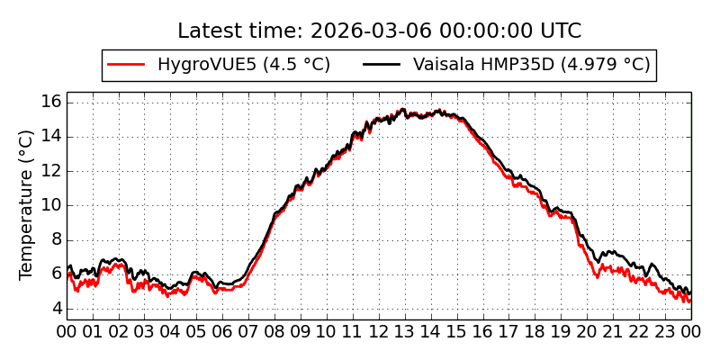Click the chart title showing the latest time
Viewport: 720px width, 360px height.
pos(379,31)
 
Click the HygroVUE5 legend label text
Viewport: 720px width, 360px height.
pos(243,65)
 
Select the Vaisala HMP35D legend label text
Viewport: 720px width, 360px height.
pos(531,65)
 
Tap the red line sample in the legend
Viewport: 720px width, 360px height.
pos(126,65)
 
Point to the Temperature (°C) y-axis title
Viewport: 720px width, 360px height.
pos(27,204)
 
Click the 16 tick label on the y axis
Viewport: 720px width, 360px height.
pos(51,102)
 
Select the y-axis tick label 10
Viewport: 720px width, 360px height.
pos(51,205)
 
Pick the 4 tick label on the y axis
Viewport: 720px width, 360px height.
pos(56,309)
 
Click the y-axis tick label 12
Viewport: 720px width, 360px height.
pos(51,171)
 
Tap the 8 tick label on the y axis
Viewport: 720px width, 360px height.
pos(56,239)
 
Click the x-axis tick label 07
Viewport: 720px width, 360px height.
pos(248,331)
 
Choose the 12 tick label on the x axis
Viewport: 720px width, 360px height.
pos(379,331)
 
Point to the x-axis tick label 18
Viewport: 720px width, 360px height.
pos(535,331)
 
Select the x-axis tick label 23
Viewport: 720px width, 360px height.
pos(665,331)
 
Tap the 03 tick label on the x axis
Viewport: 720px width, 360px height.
pos(145,331)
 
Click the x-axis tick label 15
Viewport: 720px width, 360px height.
pos(457,331)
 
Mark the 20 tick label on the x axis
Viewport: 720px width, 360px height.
pos(587,331)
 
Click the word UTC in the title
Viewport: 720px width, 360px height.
pos(558,31)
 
